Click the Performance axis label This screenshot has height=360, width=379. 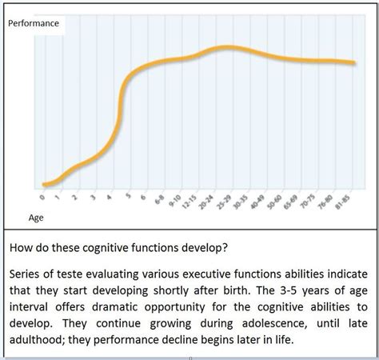(x=34, y=23)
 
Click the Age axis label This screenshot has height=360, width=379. (x=36, y=218)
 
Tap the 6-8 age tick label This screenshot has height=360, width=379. (x=162, y=198)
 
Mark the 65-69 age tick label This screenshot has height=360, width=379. (x=296, y=200)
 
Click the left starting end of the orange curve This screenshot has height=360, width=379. (x=45, y=185)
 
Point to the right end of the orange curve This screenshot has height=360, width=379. (x=354, y=62)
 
